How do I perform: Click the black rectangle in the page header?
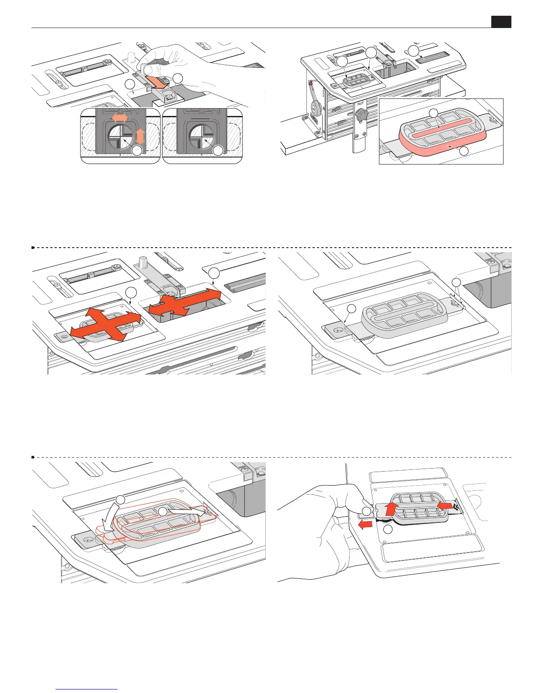[x=501, y=22]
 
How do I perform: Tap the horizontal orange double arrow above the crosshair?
[x=120, y=117]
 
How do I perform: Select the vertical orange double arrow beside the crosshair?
[x=140, y=136]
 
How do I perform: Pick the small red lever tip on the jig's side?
[x=310, y=83]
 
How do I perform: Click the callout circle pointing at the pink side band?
[x=464, y=151]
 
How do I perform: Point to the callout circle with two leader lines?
[x=456, y=282]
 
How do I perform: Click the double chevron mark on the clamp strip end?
[x=456, y=506]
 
